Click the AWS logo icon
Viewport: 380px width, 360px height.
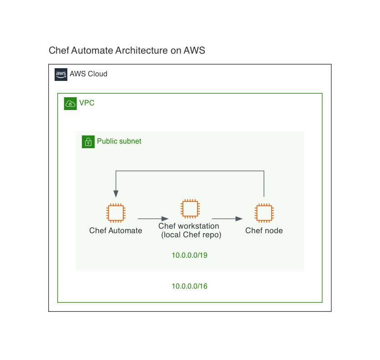(61, 75)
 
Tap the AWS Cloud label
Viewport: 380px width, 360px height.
(88, 74)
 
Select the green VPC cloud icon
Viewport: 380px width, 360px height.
(70, 104)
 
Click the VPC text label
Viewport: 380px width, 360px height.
(87, 103)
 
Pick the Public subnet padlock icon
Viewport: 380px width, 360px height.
(88, 142)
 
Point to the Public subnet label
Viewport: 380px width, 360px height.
(119, 141)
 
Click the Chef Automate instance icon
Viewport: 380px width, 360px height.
(116, 213)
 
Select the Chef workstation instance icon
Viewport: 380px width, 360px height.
(190, 209)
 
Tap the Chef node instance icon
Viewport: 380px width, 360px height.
(264, 213)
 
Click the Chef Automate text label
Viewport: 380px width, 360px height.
(116, 230)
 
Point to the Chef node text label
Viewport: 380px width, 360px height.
(264, 230)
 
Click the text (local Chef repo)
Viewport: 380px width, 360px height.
(191, 235)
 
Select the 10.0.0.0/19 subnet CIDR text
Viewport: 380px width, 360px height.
(189, 255)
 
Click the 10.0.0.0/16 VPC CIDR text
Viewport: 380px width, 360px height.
(189, 286)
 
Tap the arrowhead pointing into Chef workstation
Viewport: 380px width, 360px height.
(165, 219)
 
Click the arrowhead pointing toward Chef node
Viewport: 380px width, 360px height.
(239, 219)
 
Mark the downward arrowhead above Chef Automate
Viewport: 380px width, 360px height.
(116, 194)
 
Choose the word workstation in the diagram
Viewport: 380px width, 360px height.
(198, 226)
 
